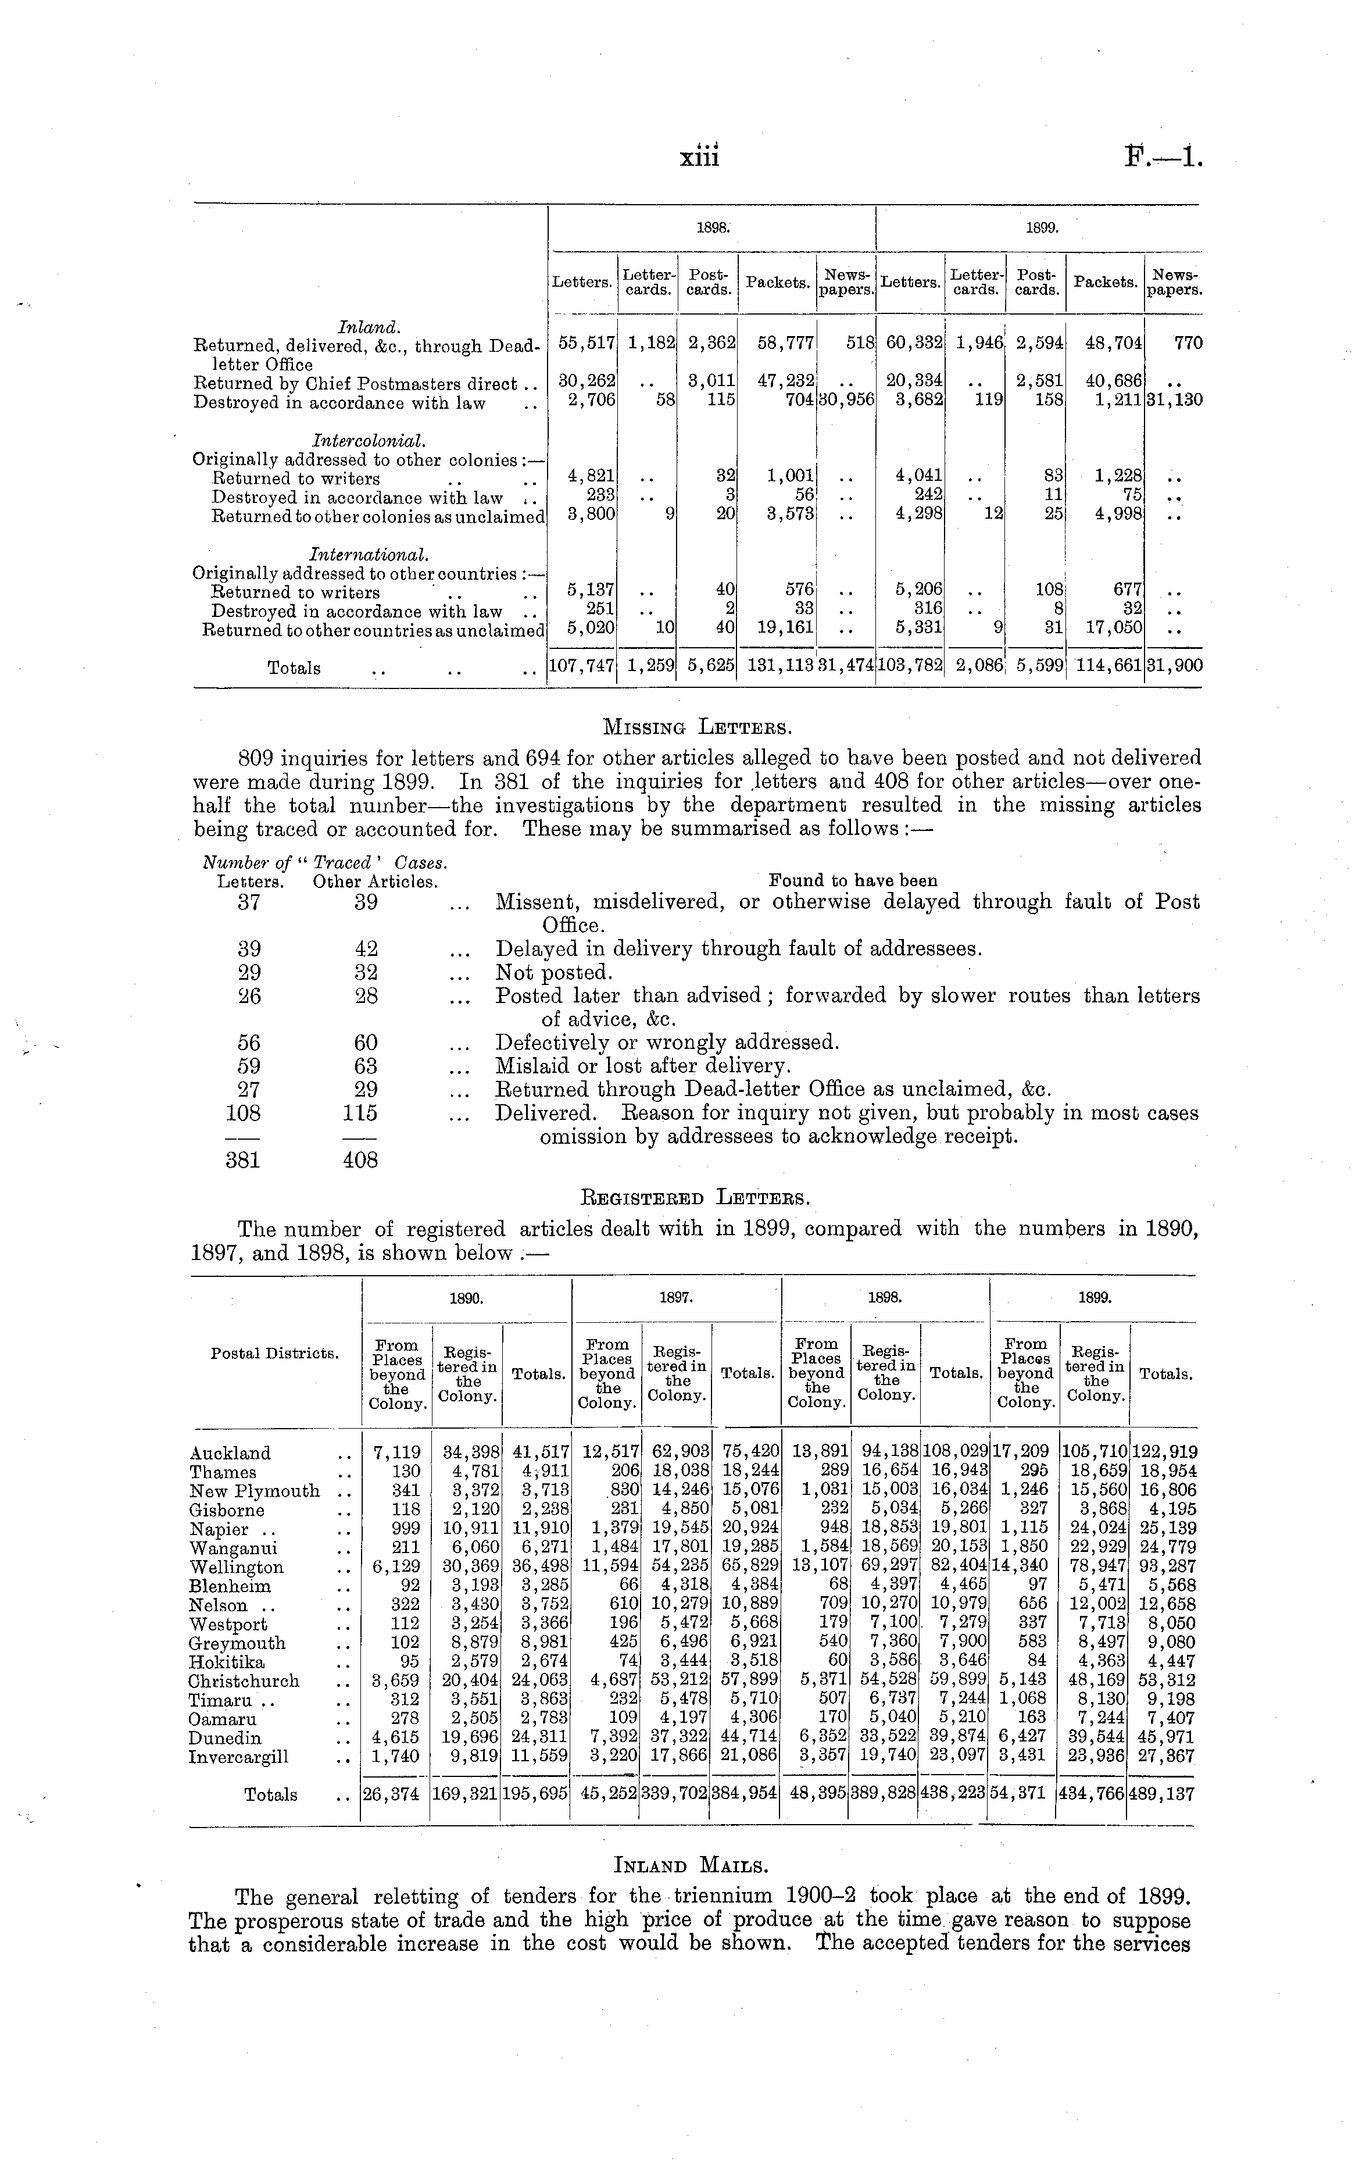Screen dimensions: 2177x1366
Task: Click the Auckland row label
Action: pyautogui.click(x=230, y=1453)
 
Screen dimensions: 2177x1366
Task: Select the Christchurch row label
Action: pyautogui.click(x=244, y=1681)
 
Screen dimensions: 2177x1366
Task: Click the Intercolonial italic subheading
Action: pyautogui.click(x=356, y=440)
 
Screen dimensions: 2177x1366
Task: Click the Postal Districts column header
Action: pyautogui.click(x=274, y=1354)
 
